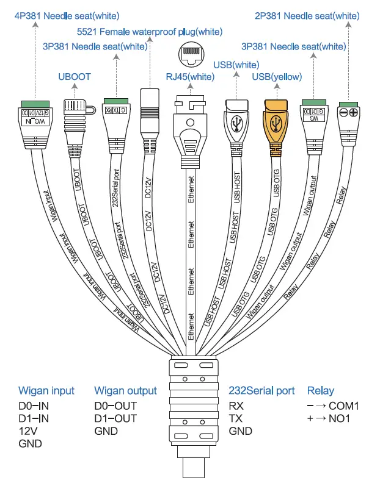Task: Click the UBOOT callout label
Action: (x=74, y=76)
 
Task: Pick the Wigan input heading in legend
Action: (x=46, y=391)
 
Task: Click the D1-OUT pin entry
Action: (x=115, y=418)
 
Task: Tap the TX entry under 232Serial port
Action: (x=235, y=418)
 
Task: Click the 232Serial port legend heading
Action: (x=261, y=391)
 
